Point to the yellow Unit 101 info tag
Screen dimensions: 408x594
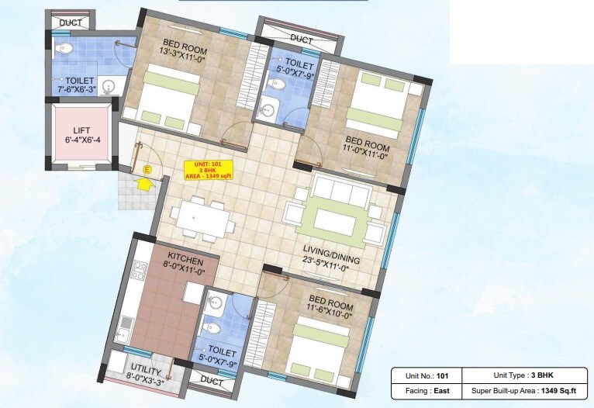click(x=208, y=170)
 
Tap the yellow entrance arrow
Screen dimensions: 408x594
click(x=142, y=185)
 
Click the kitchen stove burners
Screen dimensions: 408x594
click(x=140, y=271)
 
